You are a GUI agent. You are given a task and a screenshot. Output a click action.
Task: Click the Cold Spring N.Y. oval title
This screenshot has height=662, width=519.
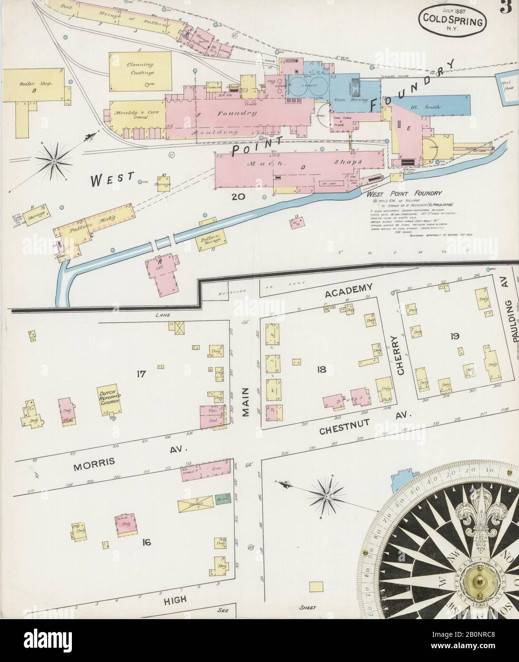click(452, 20)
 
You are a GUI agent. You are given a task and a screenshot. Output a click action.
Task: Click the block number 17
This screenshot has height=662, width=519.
click(140, 374)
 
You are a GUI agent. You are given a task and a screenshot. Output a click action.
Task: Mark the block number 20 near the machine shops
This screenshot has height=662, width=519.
click(237, 196)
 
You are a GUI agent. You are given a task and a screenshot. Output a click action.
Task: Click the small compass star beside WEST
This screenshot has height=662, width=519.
click(54, 161)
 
